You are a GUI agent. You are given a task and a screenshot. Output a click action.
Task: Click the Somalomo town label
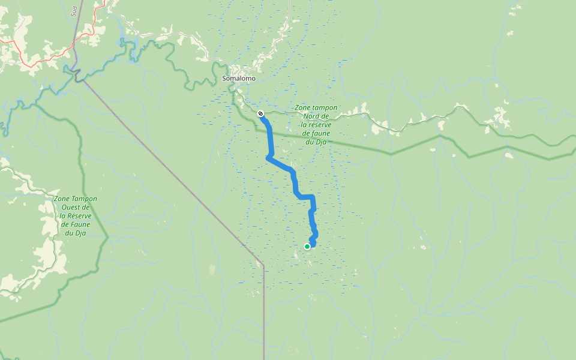point(239,79)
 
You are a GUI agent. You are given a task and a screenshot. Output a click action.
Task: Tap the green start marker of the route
point(307,247)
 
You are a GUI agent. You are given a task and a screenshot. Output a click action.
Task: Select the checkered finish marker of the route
point(260,113)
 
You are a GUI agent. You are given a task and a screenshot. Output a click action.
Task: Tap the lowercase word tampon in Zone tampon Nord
point(325,108)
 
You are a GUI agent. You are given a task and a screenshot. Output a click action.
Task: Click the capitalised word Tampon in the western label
point(85,199)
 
